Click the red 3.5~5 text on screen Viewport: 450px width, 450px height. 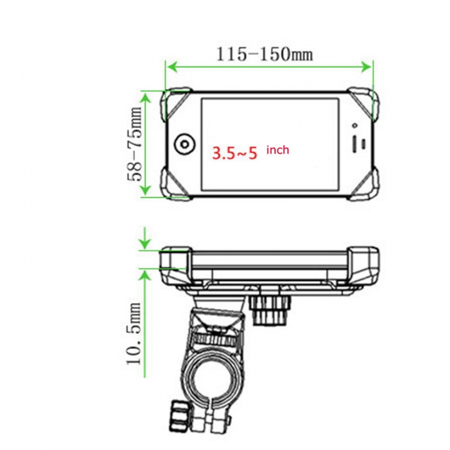(x=234, y=152)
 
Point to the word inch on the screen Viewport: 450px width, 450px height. (x=278, y=150)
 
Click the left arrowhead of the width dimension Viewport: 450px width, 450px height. (x=170, y=66)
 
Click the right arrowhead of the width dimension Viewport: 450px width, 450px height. (x=369, y=66)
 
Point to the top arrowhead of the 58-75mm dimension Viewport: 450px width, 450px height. (x=145, y=95)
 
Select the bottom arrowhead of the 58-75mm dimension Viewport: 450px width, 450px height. (x=145, y=192)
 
